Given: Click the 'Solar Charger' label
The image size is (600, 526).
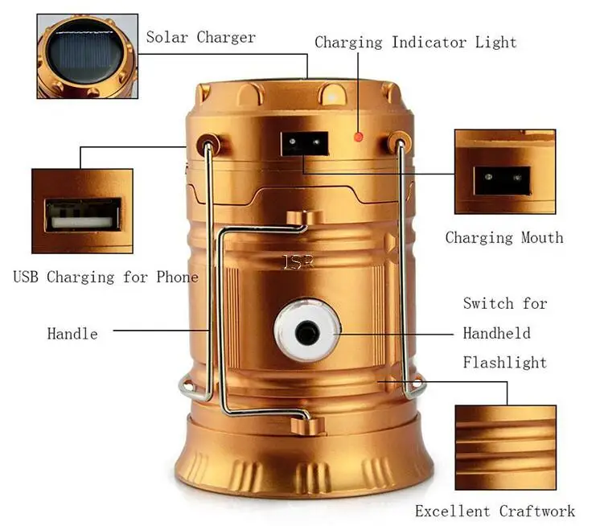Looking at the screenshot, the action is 200,37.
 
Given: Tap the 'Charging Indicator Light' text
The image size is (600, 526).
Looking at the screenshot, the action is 415,42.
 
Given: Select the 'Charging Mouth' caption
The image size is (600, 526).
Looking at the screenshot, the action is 504,237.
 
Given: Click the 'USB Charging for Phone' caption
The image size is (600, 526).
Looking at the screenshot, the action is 105,277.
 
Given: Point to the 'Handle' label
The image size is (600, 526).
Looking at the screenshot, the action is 72,333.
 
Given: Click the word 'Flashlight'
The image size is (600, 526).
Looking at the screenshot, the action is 504,363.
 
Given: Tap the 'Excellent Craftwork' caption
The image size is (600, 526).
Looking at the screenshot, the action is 495,511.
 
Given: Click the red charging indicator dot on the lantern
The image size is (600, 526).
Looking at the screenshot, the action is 359,137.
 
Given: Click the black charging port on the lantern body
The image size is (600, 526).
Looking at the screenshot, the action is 304,144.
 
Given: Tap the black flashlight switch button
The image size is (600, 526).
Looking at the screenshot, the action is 307,331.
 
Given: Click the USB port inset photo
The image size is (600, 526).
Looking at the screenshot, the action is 82,211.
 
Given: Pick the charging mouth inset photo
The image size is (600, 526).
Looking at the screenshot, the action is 504,172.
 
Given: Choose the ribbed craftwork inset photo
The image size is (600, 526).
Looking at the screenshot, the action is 504,448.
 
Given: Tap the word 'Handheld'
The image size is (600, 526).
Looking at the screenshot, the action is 496,333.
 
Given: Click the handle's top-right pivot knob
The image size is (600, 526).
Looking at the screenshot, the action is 398,144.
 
